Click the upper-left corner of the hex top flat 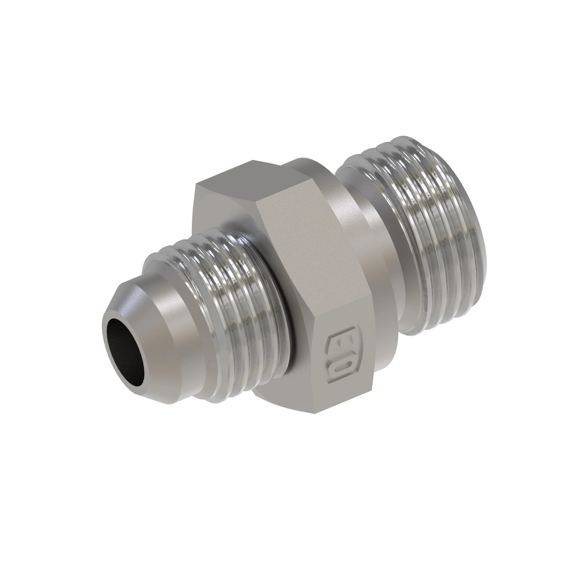[195, 185]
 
